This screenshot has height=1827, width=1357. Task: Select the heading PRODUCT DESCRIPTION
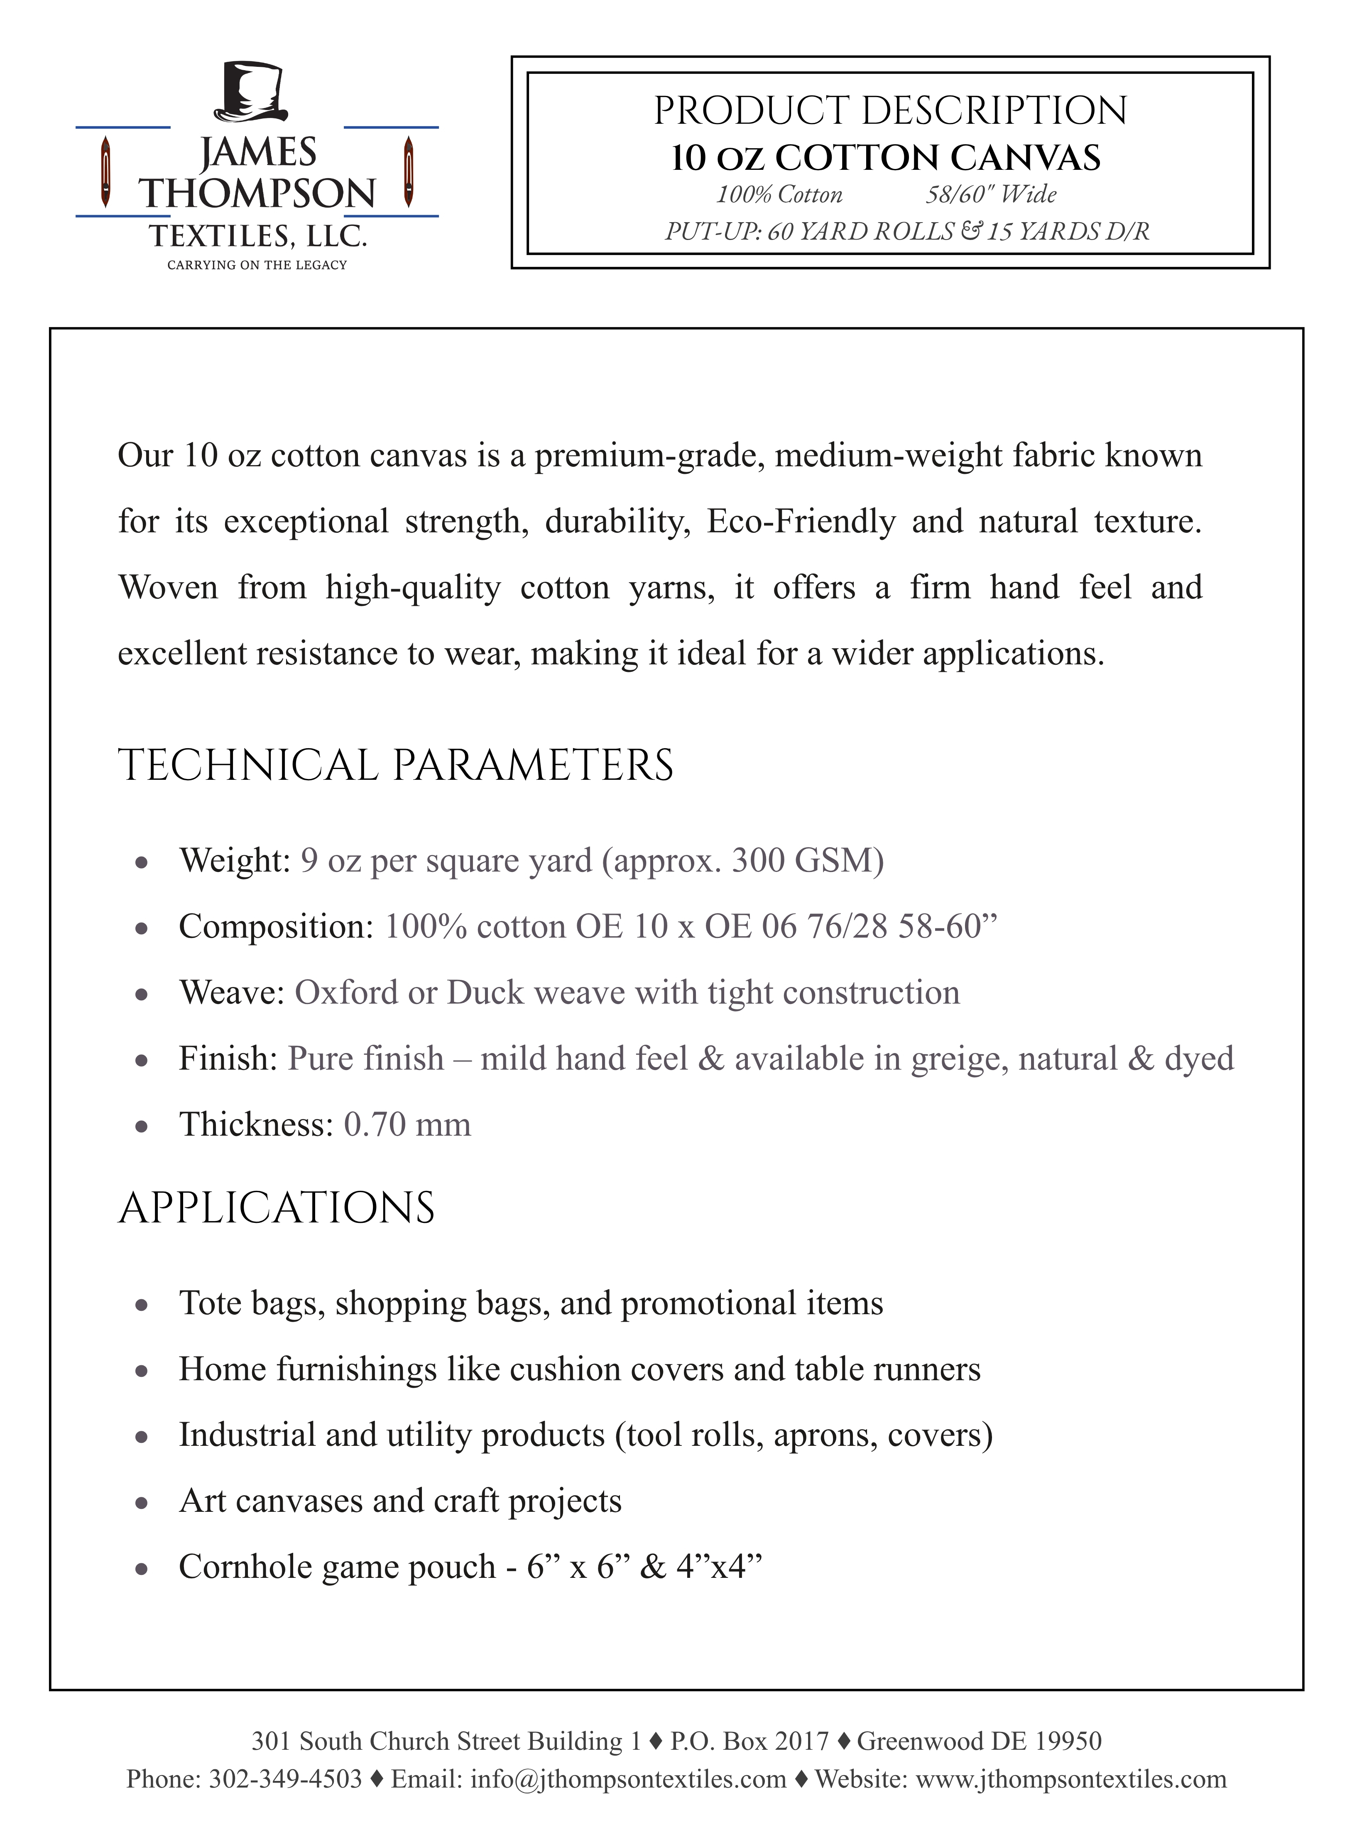890,111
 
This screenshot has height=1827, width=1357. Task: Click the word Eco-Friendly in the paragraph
801,522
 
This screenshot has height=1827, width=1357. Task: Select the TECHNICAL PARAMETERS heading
396,766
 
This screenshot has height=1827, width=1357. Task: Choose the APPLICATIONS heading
277,1208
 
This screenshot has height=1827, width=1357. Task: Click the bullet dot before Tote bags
141,1305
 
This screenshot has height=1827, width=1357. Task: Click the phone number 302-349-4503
285,1779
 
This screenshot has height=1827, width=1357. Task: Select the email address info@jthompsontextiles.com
628,1779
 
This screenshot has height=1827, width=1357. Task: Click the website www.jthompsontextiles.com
1070,1779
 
